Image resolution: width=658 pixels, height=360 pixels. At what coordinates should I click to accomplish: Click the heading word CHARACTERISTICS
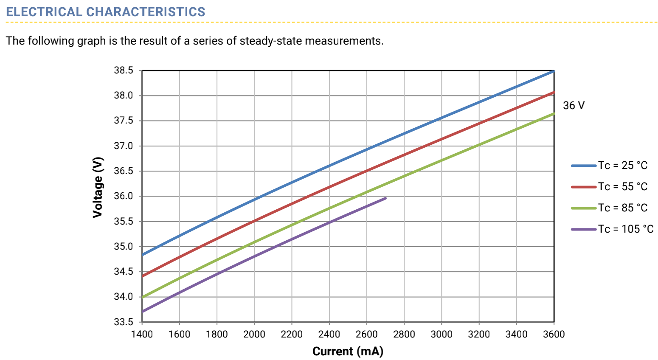[146, 12]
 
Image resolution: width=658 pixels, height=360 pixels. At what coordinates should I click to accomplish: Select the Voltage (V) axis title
[98, 187]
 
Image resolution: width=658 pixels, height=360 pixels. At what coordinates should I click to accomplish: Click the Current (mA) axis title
[348, 352]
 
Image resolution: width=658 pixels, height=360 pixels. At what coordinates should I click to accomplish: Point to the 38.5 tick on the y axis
[123, 70]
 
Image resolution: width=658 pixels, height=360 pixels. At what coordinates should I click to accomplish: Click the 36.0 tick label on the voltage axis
[123, 196]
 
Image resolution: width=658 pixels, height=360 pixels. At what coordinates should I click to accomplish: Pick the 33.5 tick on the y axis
[123, 322]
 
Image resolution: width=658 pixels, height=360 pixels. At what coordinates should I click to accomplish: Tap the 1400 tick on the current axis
[142, 335]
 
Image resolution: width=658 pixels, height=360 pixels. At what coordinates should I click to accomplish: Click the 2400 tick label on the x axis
[329, 335]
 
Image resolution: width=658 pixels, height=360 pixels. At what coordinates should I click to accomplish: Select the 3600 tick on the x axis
[554, 335]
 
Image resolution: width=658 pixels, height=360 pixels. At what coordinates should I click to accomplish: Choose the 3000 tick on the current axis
[441, 335]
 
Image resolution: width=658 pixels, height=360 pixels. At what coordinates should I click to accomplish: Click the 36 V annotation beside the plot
[574, 105]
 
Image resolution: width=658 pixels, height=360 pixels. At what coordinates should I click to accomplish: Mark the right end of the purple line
[385, 198]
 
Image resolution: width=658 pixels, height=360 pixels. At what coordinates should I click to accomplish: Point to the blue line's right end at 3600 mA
[554, 71]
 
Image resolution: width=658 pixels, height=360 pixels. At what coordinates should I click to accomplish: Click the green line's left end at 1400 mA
[143, 297]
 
